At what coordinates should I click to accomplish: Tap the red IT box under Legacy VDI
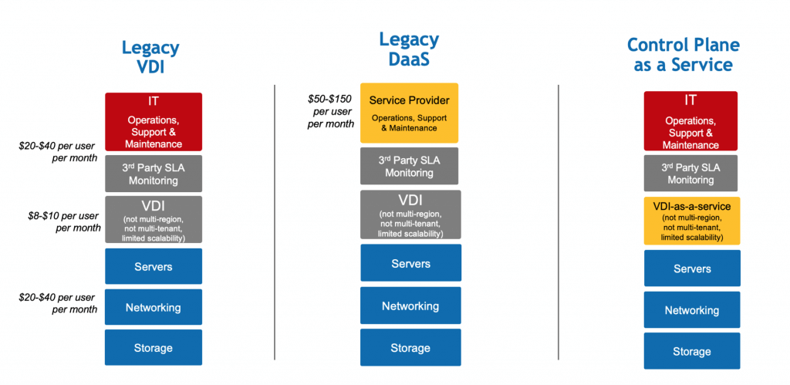153,122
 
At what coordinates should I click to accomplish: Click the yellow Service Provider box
409,113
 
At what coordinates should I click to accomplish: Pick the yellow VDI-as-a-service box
691,221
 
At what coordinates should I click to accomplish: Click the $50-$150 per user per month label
330,113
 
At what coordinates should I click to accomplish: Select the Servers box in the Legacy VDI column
153,266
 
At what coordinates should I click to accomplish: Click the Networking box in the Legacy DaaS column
410,306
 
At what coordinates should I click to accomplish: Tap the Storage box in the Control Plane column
691,351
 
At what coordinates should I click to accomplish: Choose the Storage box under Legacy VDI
153,347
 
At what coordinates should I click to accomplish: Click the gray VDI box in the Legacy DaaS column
410,214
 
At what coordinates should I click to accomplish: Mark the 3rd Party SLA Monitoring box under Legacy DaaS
409,167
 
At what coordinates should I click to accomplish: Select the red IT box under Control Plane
690,121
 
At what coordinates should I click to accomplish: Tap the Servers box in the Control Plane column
691,268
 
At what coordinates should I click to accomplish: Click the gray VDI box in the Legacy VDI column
153,220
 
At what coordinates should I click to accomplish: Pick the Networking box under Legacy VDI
153,307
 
